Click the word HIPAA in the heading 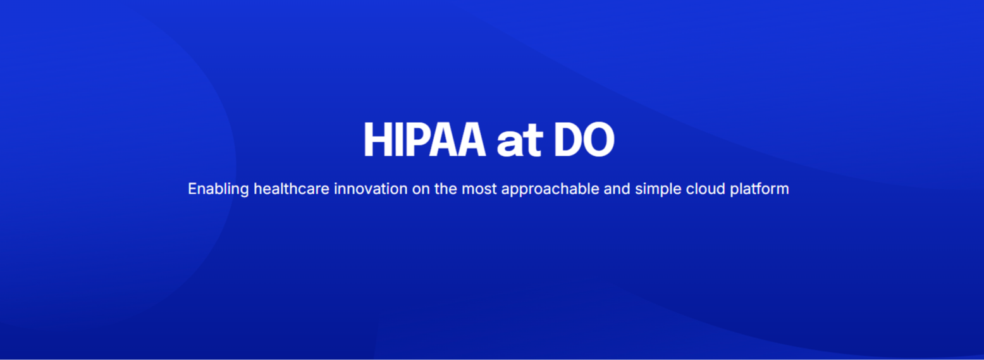[424, 139]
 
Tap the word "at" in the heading [519, 142]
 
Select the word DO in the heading [584, 139]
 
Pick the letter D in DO [567, 139]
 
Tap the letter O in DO [598, 139]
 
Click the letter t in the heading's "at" [533, 141]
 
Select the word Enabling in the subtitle [218, 189]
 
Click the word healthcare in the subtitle [292, 189]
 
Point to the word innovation [371, 189]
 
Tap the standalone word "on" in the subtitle [421, 190]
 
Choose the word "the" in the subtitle [446, 189]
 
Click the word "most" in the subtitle [479, 189]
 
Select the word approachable [550, 189]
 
